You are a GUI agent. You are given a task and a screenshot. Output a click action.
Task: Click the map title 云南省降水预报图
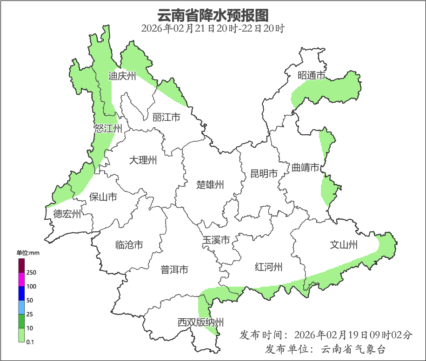click(213, 15)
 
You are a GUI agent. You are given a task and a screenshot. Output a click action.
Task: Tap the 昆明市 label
click(264, 174)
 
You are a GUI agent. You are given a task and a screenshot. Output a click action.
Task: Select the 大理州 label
click(143, 161)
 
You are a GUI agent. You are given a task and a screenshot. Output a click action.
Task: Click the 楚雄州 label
click(210, 185)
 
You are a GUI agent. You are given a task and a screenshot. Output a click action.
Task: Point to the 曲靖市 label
click(306, 167)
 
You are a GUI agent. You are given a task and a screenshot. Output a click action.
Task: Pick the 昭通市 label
click(311, 75)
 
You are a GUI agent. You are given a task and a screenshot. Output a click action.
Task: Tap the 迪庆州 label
click(122, 76)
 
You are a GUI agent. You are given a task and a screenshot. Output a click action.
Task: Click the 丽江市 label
click(166, 118)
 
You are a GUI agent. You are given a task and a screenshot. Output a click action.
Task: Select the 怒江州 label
click(108, 129)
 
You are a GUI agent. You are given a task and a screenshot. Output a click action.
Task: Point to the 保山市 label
click(103, 197)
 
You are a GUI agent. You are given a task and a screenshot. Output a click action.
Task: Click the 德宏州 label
click(67, 214)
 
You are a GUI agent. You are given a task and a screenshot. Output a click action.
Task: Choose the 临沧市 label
click(129, 245)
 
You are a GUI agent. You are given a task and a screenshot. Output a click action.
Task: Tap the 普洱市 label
click(174, 269)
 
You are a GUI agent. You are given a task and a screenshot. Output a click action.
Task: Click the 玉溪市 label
click(216, 240)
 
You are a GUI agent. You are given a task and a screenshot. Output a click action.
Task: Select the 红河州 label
click(269, 267)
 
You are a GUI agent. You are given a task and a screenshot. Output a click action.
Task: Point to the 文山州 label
click(344, 244)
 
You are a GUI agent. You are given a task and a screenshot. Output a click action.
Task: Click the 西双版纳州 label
click(200, 322)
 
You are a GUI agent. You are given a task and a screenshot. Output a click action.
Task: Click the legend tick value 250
click(32, 272)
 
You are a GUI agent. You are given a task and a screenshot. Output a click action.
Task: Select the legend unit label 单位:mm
click(28, 253)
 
